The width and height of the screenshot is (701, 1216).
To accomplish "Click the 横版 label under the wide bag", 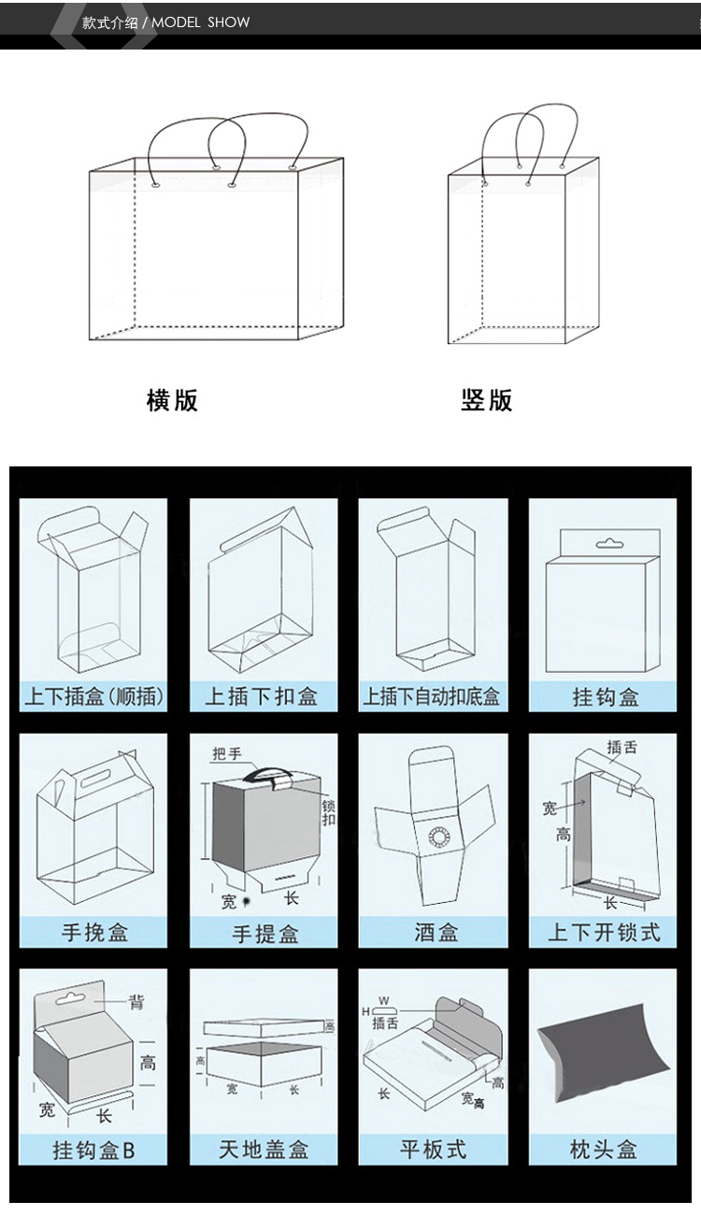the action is tap(172, 400).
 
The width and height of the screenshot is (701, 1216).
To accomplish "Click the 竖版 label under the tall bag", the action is tap(486, 400).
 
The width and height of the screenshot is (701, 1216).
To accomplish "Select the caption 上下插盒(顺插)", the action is tap(93, 696).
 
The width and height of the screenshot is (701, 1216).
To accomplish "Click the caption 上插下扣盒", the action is tap(263, 696).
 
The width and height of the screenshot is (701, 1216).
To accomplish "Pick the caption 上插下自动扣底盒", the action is tap(432, 696).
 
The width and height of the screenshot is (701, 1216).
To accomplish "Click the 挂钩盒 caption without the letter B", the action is tap(605, 697).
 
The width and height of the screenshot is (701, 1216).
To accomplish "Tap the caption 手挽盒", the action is tap(94, 932).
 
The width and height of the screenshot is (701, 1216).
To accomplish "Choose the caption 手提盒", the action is tap(265, 933).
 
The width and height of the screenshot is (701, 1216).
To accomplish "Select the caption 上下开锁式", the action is tap(604, 932).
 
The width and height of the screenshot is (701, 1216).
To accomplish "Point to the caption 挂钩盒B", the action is tap(93, 1149).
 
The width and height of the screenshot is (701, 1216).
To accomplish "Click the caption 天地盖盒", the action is tap(264, 1149).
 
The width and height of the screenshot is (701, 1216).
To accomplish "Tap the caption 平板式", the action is tap(433, 1149).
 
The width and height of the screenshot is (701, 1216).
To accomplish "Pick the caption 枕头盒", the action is tap(603, 1149).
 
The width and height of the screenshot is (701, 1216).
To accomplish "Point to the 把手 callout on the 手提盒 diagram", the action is tap(226, 753).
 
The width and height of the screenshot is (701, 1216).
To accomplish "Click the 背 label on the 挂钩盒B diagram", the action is tap(137, 1002).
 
